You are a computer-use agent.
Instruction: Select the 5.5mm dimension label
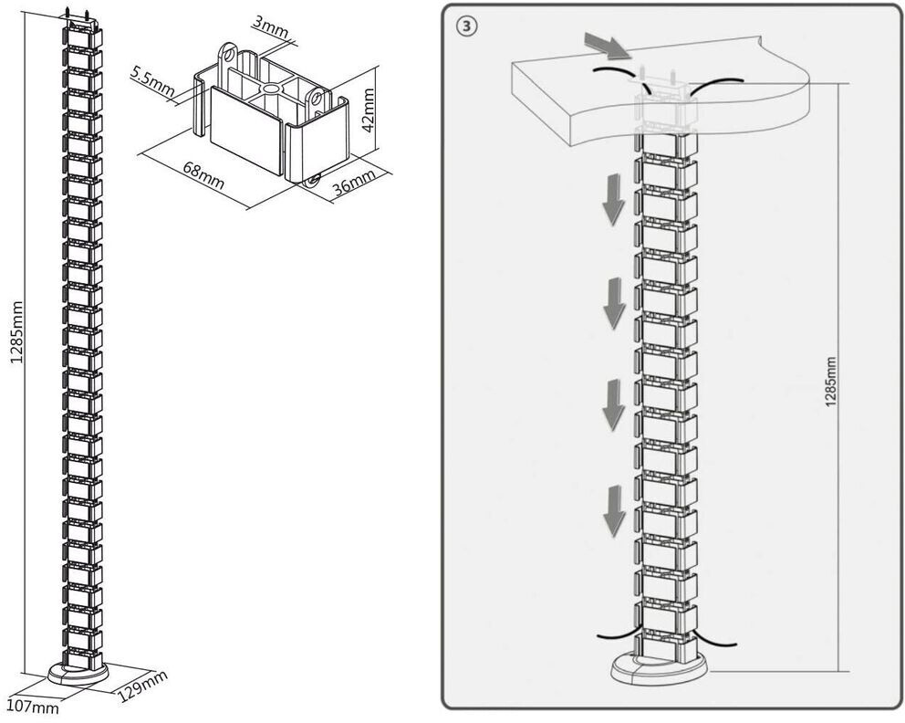coord(151,79)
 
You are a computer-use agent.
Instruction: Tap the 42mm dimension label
coord(368,110)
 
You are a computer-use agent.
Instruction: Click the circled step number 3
coord(467,26)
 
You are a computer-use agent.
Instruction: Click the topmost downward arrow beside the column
coord(613,202)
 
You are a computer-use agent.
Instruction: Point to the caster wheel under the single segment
coord(312,181)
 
